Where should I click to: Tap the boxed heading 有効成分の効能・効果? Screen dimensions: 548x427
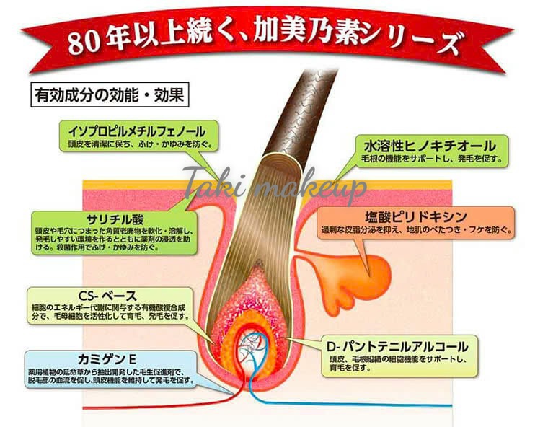coord(110,94)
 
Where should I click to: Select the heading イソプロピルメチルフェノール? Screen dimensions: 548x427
coord(137,131)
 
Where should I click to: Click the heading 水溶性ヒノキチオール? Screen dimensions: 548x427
coord(430,146)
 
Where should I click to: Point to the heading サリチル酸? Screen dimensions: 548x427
coord(115,219)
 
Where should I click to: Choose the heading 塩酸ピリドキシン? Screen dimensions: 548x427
coord(416,216)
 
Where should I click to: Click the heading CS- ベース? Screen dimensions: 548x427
coord(107,296)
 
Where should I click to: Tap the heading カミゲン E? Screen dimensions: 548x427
coord(107,359)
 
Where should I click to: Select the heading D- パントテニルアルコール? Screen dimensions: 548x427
coord(397,346)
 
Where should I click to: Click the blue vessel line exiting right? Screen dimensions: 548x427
coord(350,404)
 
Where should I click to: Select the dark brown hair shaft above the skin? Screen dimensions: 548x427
coord(301,112)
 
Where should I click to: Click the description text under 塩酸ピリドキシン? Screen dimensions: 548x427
coord(417,230)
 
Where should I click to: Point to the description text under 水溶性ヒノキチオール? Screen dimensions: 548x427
coord(432,159)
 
